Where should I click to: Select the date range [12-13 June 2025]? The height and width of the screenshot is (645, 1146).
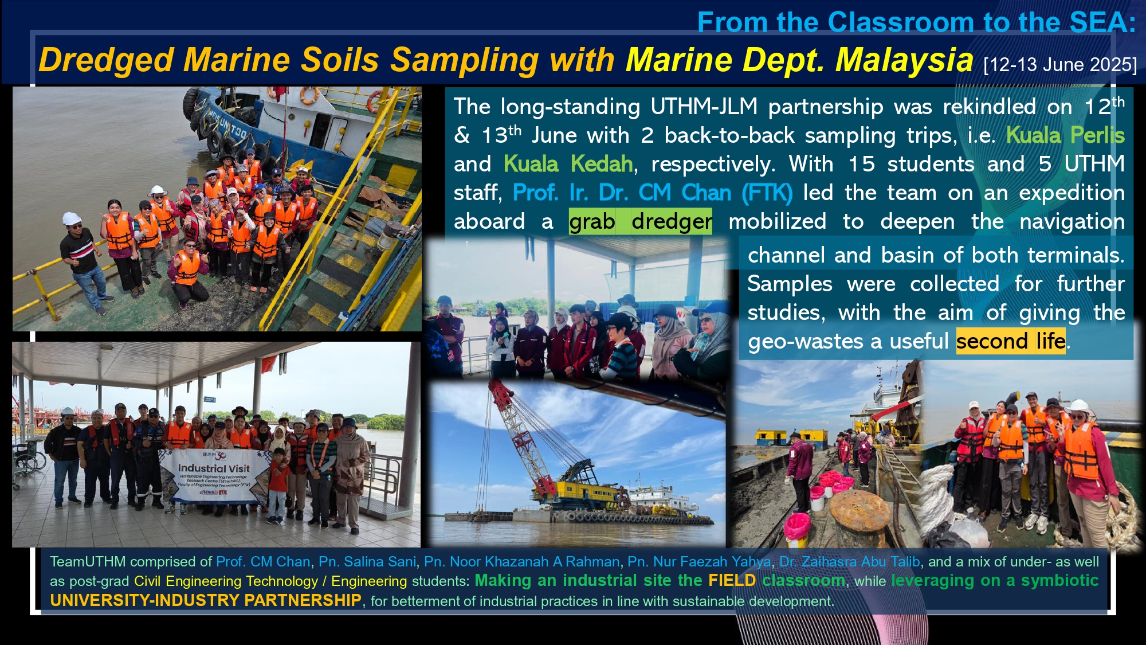click(1060, 65)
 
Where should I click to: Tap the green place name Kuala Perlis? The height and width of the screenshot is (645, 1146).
click(1065, 135)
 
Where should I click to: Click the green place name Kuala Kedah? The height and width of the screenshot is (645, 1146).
click(568, 164)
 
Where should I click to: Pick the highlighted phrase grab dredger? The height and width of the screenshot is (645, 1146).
click(641, 221)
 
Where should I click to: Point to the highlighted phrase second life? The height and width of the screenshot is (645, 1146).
click(1011, 341)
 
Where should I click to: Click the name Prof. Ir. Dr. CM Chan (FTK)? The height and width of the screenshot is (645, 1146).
click(653, 193)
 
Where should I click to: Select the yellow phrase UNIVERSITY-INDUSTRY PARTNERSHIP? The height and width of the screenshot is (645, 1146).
click(206, 600)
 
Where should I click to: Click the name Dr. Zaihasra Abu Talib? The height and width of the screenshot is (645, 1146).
click(849, 562)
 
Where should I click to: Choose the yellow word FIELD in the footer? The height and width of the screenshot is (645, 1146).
click(732, 581)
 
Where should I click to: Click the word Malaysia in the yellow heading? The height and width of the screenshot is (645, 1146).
click(904, 60)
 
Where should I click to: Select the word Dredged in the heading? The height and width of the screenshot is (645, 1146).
click(106, 60)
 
